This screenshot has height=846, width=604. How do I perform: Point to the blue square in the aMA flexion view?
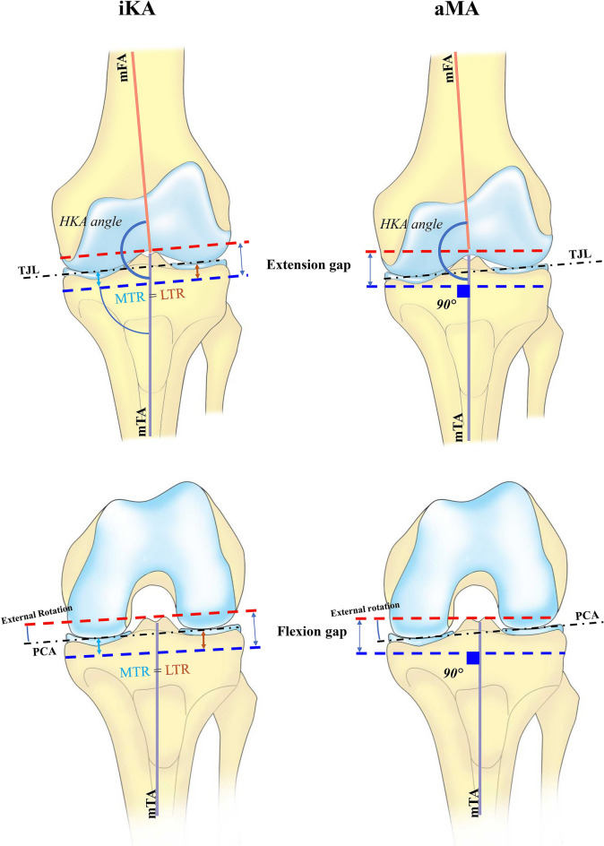[473, 659]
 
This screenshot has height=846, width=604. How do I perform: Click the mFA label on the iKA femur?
[125, 67]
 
